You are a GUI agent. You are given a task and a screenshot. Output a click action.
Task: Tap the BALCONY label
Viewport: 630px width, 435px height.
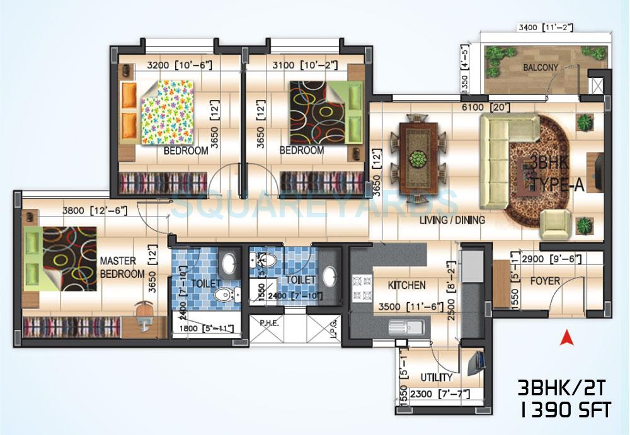tap(540, 67)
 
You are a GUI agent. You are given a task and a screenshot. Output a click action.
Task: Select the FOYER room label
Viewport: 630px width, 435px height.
tap(545, 281)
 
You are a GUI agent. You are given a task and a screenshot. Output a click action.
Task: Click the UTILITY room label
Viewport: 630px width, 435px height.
tap(436, 378)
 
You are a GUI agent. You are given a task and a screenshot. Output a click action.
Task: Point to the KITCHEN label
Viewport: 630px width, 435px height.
tap(406, 285)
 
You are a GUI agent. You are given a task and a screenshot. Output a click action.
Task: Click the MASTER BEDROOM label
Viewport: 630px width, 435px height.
tap(122, 267)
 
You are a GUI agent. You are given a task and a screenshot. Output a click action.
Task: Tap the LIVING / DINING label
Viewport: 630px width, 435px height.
tap(452, 220)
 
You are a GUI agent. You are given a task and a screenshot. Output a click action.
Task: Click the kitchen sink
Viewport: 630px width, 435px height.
tap(404, 326)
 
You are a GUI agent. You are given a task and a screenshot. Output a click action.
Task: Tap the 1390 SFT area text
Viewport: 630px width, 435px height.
tap(564, 410)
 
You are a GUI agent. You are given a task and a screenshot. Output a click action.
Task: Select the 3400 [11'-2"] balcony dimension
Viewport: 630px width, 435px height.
tap(545, 28)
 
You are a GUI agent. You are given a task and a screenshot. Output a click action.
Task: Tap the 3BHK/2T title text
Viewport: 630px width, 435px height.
tap(563, 387)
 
